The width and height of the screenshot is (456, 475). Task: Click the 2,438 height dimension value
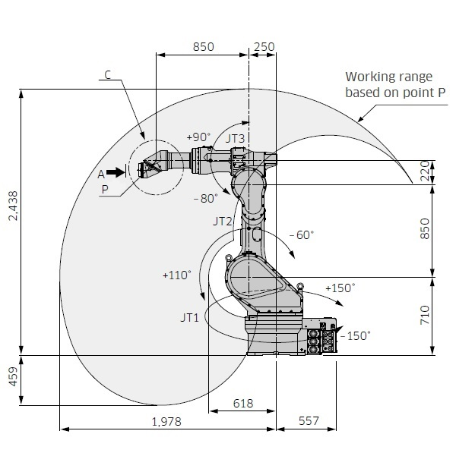[14, 206]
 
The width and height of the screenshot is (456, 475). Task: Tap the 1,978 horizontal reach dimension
[166, 421]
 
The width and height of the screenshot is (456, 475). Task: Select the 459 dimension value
[14, 376]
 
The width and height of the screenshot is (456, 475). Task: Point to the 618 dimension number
[243, 403]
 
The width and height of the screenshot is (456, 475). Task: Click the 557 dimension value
[309, 421]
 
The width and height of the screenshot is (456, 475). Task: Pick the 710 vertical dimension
[425, 315]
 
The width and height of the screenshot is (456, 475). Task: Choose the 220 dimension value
[425, 171]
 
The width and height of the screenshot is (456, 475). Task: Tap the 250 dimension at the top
[264, 47]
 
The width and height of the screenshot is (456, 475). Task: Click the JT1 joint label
[190, 317]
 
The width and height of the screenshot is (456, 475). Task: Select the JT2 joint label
[223, 221]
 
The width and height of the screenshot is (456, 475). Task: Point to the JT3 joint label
[235, 138]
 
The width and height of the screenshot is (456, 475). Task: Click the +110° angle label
[177, 275]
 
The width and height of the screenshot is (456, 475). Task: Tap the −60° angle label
[302, 234]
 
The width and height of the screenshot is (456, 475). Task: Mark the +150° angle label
[340, 288]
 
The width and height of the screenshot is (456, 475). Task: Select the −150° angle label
[356, 335]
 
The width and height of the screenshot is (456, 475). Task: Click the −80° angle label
[206, 198]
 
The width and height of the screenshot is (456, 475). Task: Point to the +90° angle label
[198, 137]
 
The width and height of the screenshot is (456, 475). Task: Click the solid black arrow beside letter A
[116, 172]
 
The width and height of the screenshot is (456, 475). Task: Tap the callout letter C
[108, 75]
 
